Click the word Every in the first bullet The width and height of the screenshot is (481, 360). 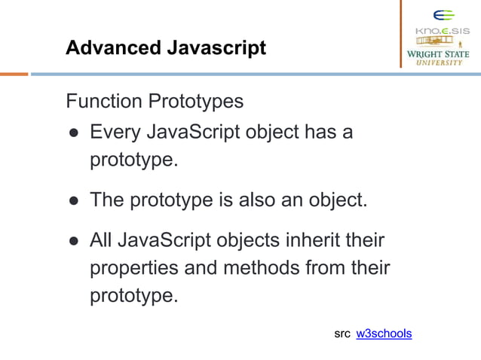(x=114, y=133)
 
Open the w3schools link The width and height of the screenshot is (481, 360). (x=384, y=333)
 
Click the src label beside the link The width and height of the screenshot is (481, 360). (x=342, y=333)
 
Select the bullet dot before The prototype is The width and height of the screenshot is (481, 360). (x=73, y=201)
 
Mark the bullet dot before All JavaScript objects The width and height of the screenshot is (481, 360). (x=73, y=242)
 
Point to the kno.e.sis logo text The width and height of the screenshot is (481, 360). (x=443, y=32)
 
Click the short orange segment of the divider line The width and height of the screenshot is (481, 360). (x=14, y=74)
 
